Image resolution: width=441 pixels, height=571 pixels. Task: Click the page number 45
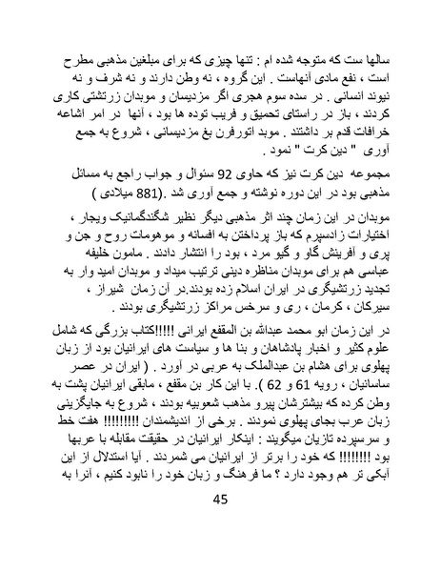pos(220,526)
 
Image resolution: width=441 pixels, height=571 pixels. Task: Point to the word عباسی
pos(365,292)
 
